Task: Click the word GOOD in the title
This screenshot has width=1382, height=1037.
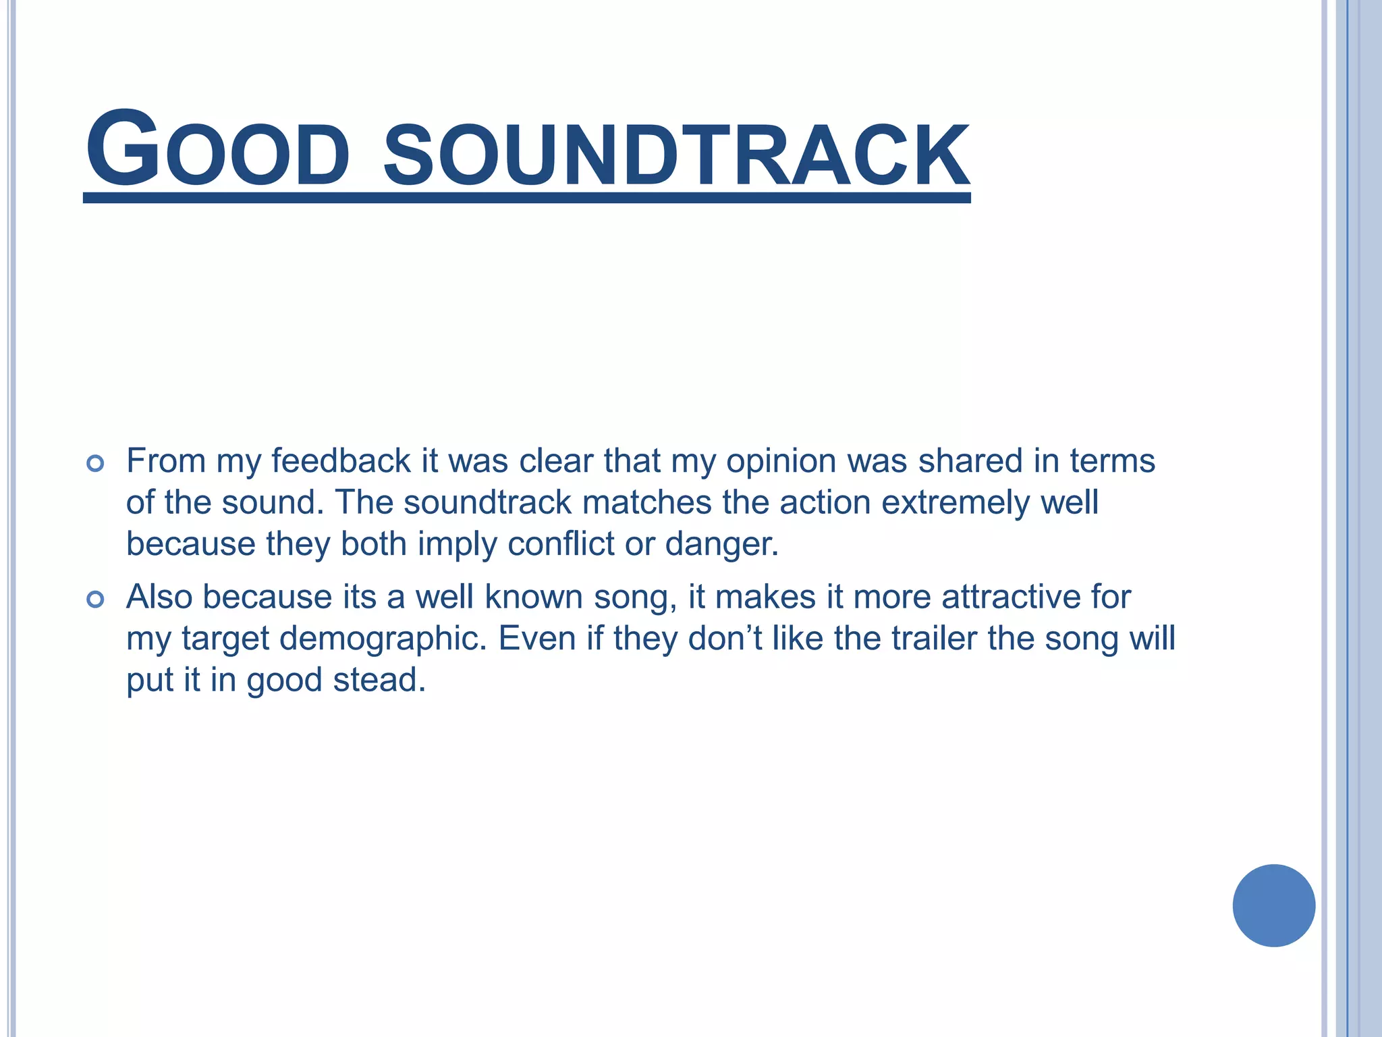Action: (x=217, y=150)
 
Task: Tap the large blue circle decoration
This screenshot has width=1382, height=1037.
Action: (x=1273, y=905)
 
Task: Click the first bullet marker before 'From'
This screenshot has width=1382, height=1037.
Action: (x=95, y=463)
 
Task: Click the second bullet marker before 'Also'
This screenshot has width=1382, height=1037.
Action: (x=95, y=599)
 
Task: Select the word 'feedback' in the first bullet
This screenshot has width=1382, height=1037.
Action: (x=341, y=461)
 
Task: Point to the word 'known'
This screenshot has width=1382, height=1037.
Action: (x=534, y=597)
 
